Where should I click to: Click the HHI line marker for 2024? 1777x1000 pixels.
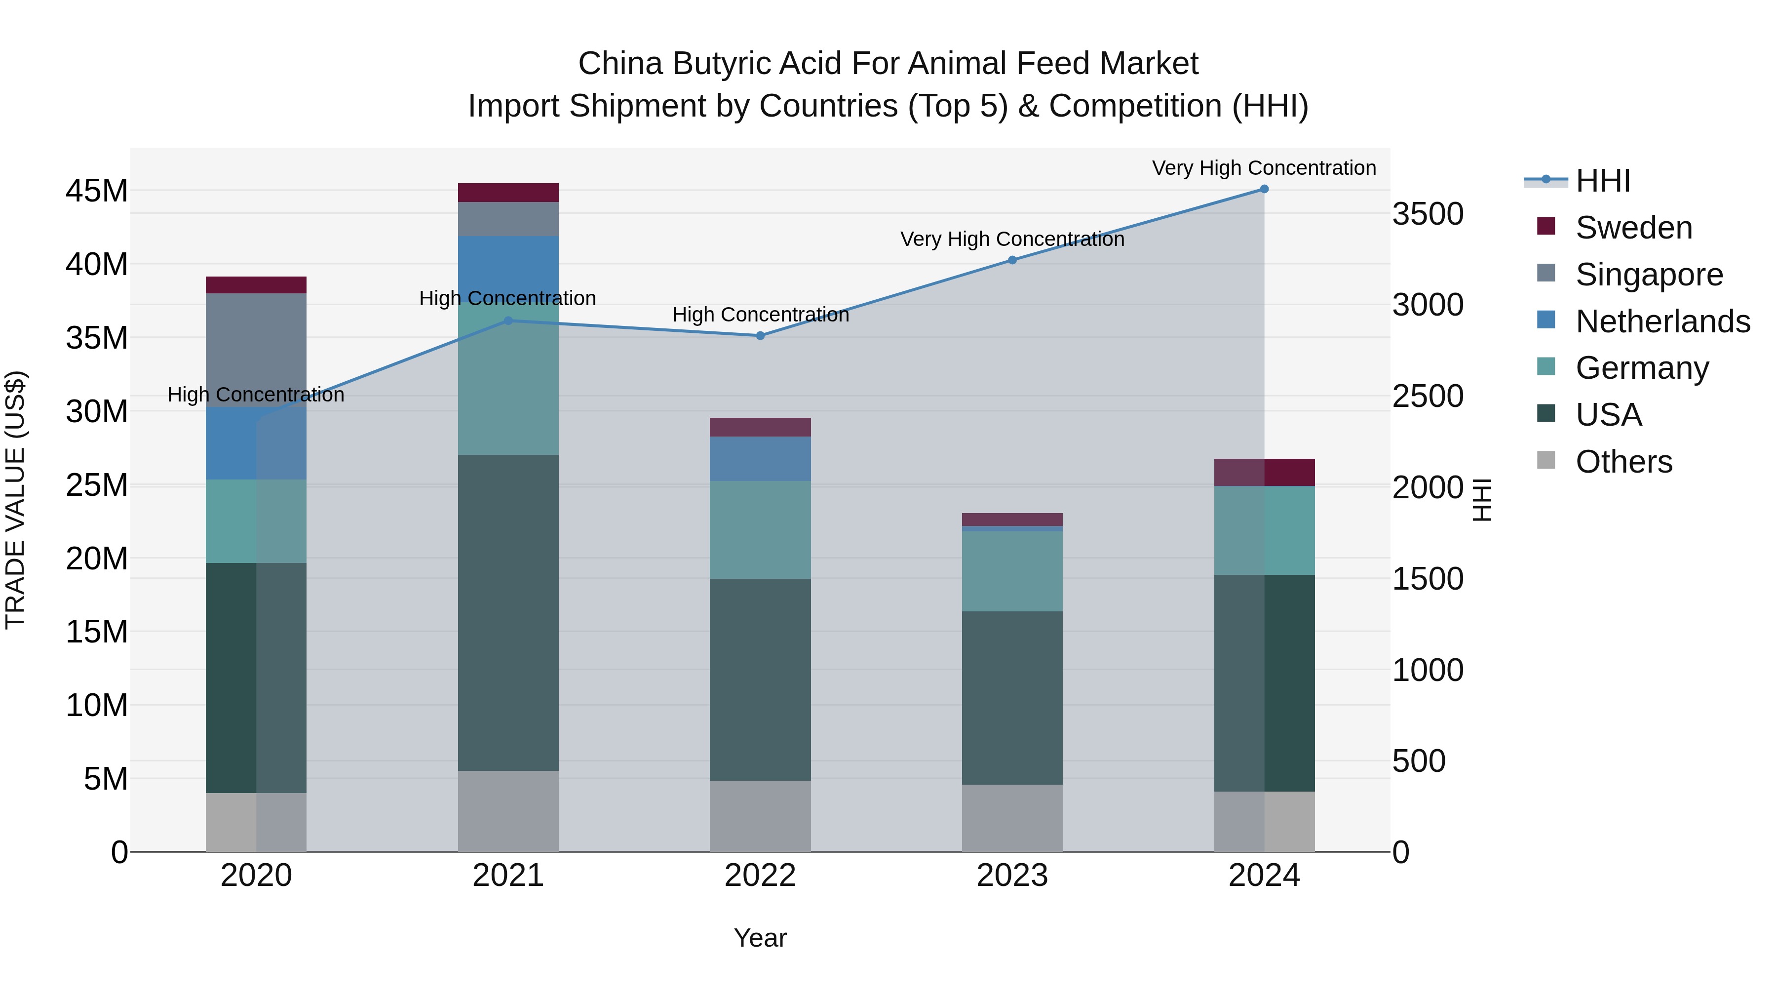tap(1264, 189)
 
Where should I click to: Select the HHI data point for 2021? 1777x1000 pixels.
tap(508, 321)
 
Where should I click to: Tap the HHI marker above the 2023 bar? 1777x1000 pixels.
tap(1012, 260)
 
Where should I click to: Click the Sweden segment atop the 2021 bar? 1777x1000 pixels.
tap(508, 193)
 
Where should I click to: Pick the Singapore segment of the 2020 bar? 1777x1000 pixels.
tap(256, 350)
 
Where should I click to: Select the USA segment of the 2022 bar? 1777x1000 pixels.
tap(760, 680)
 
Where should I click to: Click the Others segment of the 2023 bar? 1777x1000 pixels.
tap(1012, 818)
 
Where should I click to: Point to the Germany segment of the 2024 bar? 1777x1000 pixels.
tap(1264, 531)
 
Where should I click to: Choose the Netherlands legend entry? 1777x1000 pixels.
tap(1662, 321)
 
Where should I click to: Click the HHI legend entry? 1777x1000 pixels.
tap(1602, 181)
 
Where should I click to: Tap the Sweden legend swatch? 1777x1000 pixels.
tap(1546, 226)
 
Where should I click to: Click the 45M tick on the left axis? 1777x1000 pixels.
tap(97, 191)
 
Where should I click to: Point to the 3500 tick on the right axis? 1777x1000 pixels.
tap(1427, 214)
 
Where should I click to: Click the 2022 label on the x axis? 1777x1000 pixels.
tap(760, 876)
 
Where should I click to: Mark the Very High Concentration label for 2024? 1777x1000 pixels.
tap(1264, 168)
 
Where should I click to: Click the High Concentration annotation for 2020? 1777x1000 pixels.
tap(256, 395)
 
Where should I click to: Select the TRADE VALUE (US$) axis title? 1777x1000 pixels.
tap(15, 500)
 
